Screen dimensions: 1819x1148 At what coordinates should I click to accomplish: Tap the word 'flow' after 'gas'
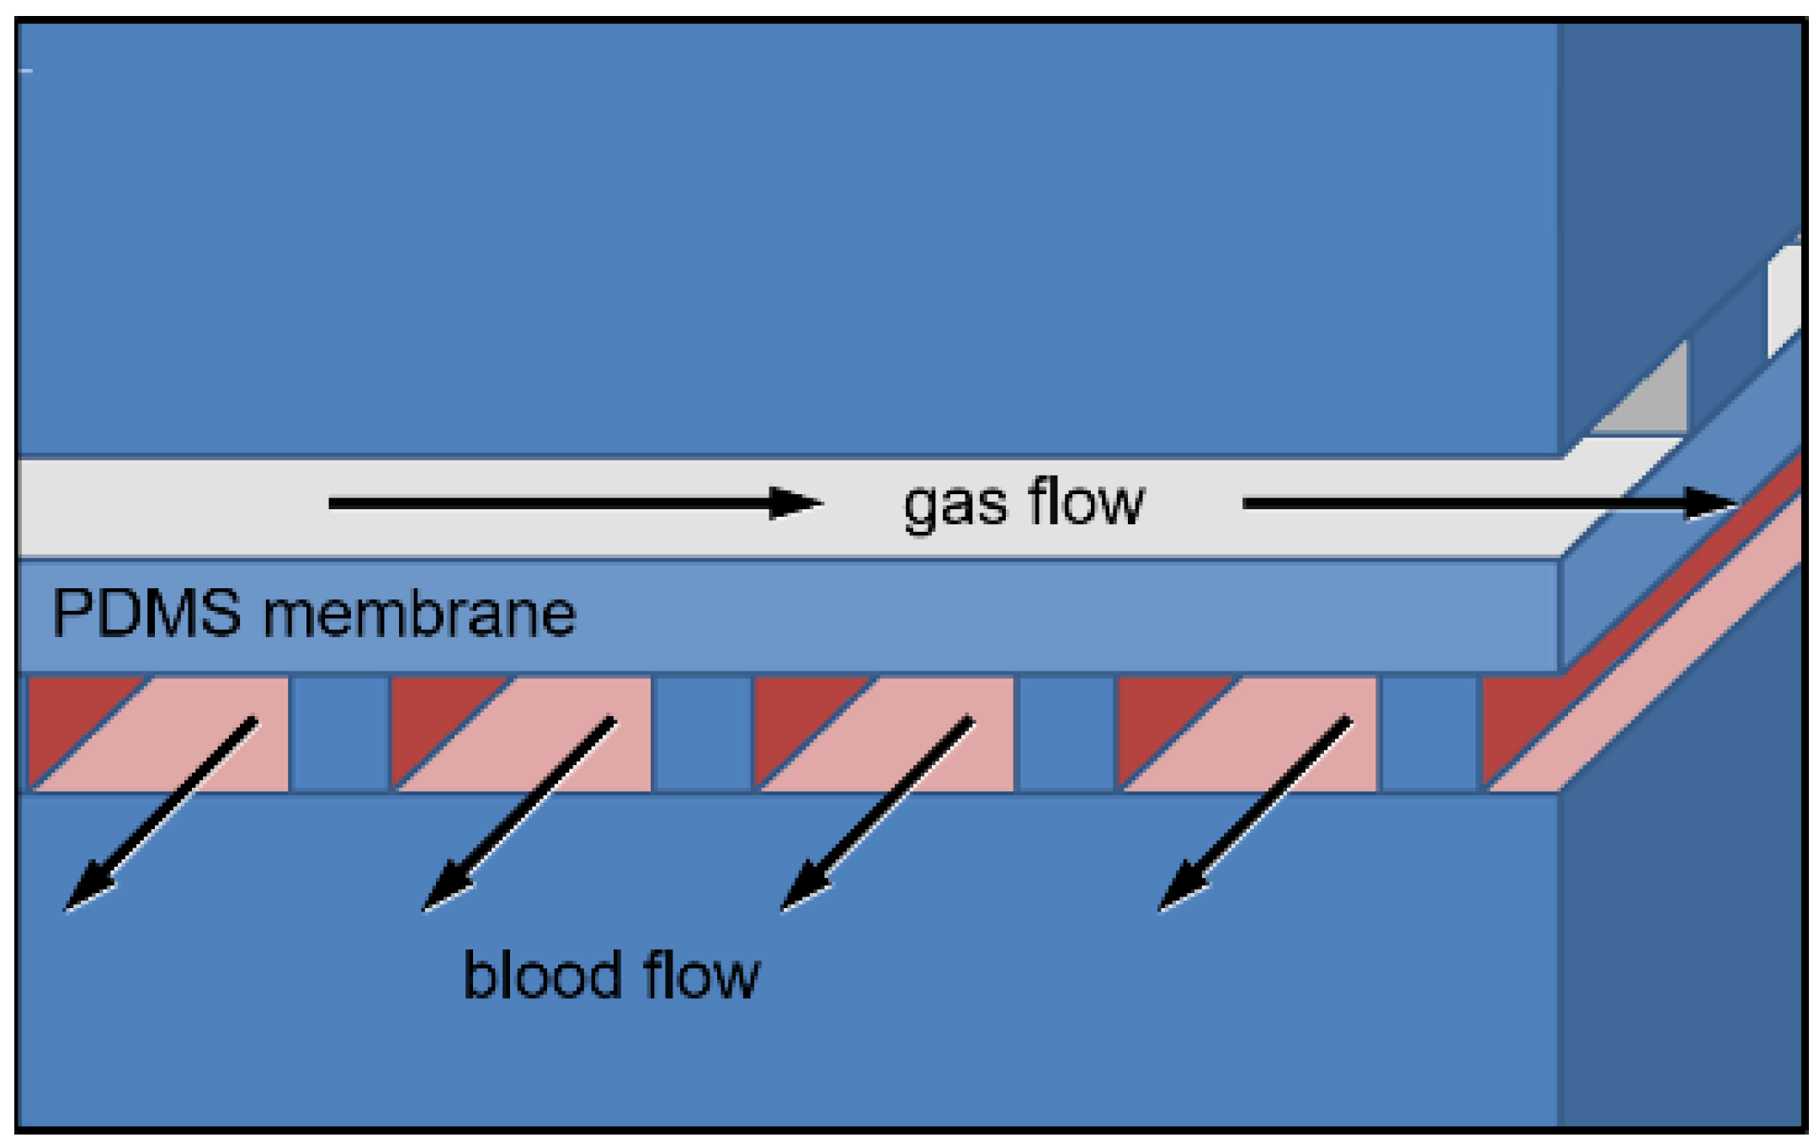tap(1086, 501)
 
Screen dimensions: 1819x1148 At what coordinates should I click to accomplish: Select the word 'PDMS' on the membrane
tap(146, 613)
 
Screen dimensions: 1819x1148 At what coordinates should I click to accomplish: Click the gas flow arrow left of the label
tap(576, 503)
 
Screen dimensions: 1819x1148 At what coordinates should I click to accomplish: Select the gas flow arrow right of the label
tap(1491, 503)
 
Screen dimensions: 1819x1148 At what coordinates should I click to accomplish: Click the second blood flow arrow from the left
tap(519, 814)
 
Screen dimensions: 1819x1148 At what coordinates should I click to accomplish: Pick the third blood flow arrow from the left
tap(878, 814)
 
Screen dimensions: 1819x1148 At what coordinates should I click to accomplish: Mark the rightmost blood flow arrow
tap(1255, 814)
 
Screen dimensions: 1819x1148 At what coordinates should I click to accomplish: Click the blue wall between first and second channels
tap(340, 733)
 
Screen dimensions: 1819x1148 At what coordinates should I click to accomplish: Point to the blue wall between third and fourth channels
tap(1066, 733)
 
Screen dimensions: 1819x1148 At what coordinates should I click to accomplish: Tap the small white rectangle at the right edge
tap(1784, 299)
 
